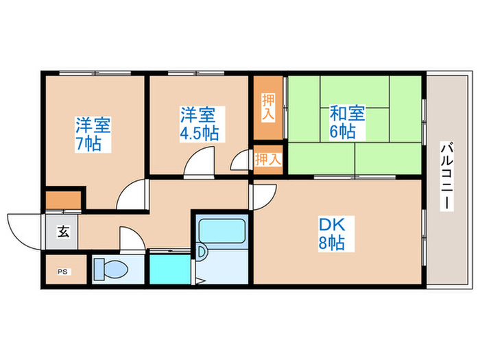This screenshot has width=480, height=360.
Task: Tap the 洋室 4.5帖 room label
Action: (x=200, y=123)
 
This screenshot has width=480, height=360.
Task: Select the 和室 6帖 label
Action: (x=342, y=122)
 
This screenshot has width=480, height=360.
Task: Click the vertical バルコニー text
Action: (x=446, y=176)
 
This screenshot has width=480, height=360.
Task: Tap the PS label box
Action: (x=63, y=272)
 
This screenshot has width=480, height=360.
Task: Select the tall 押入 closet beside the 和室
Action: (x=268, y=108)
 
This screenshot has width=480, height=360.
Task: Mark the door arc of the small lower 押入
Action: (x=241, y=161)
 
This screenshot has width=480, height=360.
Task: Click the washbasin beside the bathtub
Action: (x=202, y=253)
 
